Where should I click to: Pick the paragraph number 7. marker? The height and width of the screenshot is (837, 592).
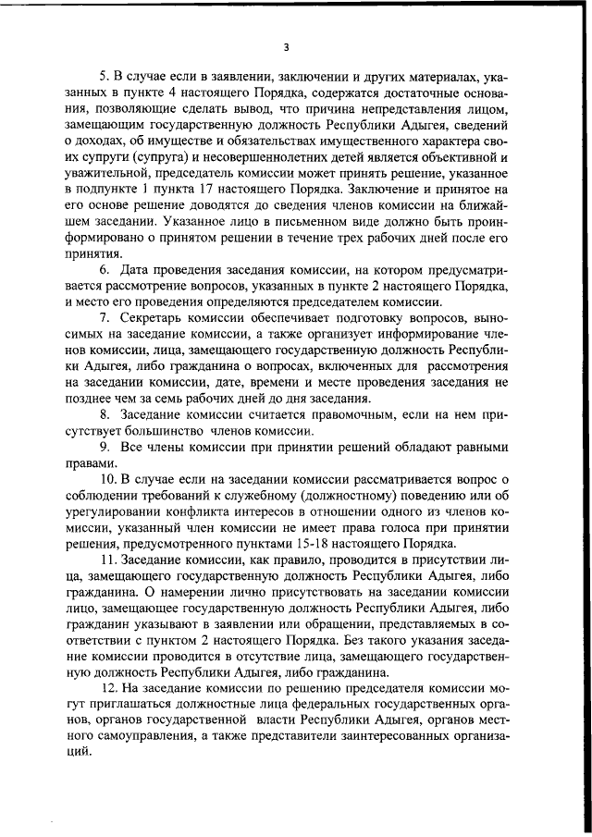point(105,317)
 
